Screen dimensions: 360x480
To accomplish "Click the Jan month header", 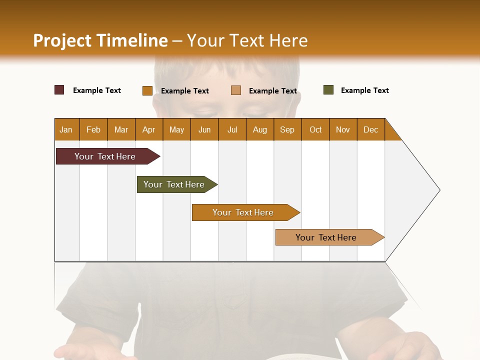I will click(x=66, y=129).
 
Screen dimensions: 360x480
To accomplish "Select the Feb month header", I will click(x=93, y=129).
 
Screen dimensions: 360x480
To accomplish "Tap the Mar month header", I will click(x=121, y=129).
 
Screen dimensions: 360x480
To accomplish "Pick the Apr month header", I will click(x=148, y=129).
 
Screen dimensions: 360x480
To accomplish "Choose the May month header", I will click(x=176, y=129).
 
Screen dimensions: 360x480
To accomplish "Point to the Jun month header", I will click(x=204, y=129).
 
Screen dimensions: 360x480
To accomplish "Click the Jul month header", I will click(x=232, y=129).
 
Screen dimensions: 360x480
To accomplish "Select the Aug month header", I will click(x=259, y=129).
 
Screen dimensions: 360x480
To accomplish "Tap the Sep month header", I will click(x=287, y=129).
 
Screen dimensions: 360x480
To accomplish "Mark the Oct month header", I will click(x=315, y=129).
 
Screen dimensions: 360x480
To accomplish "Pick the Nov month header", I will click(x=343, y=129).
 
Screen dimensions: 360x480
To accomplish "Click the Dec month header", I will click(x=370, y=129).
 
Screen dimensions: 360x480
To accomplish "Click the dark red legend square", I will click(x=59, y=90).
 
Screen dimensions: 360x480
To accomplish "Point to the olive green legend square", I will click(x=328, y=90).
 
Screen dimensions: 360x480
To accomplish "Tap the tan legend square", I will click(x=236, y=90).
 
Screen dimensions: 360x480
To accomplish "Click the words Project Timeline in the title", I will click(x=100, y=40).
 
